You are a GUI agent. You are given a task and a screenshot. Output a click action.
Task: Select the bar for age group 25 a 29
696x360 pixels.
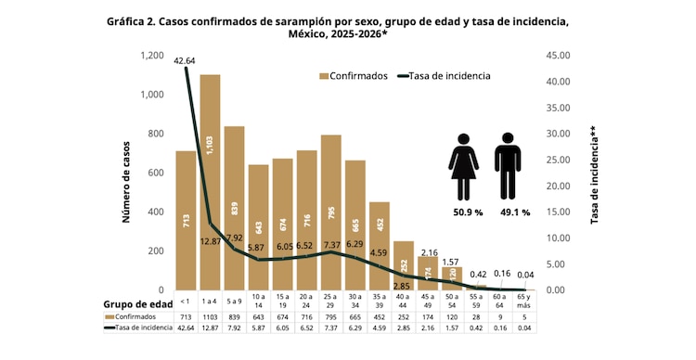coord(330,212)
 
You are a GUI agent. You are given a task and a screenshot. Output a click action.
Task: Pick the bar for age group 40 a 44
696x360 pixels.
coord(403,265)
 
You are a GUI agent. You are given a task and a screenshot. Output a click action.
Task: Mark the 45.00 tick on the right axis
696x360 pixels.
coord(559,56)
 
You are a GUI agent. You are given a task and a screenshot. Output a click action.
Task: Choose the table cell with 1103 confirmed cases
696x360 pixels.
coord(210,316)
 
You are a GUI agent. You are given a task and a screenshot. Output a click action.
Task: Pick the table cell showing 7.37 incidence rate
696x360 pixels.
coord(330,327)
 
